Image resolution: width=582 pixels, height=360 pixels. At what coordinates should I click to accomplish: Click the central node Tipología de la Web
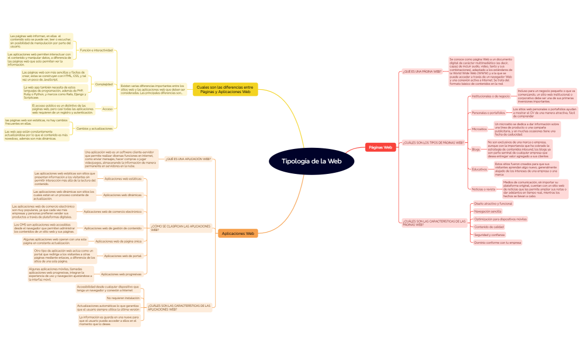[x=312, y=161]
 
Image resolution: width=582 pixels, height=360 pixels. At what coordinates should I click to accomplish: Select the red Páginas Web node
[x=380, y=147]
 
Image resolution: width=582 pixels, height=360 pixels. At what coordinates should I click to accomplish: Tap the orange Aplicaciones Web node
[x=238, y=234]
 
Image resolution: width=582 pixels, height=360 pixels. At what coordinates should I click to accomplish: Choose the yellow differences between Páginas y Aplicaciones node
[x=225, y=89]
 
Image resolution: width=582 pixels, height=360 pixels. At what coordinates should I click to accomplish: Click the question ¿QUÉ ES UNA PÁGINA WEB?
[x=422, y=71]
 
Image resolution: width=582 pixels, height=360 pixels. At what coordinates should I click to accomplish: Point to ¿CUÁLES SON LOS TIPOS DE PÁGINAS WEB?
[x=433, y=142]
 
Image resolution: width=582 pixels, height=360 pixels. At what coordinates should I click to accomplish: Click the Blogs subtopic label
[x=476, y=149]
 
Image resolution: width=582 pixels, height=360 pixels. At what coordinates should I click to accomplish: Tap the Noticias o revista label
[x=483, y=189]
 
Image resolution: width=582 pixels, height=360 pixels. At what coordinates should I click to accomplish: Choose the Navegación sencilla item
[x=488, y=211]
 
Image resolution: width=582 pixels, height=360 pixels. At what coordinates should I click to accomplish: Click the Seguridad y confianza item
[x=489, y=235]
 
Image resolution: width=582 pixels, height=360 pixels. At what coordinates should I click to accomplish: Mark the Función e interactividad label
[x=96, y=50]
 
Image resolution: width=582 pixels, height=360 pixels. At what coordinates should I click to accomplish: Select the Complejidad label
[x=104, y=84]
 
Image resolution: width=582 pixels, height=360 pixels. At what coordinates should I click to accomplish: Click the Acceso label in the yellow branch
[x=108, y=109]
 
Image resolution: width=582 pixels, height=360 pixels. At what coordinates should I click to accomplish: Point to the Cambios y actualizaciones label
[x=94, y=128]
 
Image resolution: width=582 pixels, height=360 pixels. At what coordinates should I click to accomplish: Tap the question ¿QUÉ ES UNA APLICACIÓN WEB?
[x=188, y=158]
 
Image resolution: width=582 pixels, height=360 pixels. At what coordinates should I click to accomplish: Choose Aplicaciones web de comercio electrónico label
[x=112, y=212]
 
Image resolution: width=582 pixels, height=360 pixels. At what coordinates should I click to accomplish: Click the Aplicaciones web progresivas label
[x=121, y=274]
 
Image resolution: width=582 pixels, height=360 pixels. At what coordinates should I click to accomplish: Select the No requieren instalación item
[x=123, y=298]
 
